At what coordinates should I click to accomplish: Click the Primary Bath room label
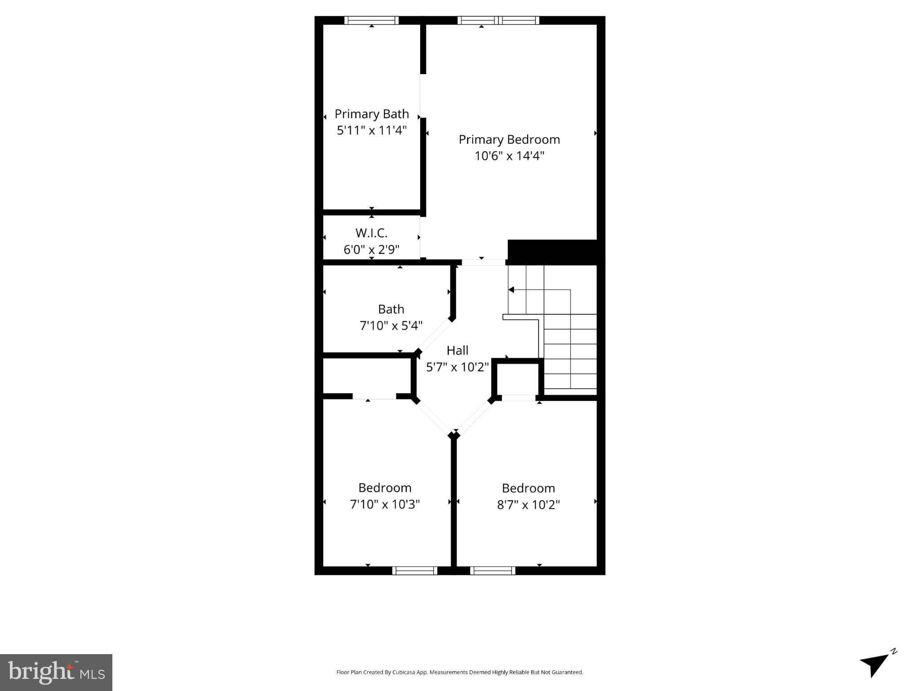[x=372, y=114]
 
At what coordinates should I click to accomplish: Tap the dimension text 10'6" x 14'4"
[x=509, y=156]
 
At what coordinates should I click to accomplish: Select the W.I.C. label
[x=371, y=233]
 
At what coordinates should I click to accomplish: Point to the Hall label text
[x=458, y=350]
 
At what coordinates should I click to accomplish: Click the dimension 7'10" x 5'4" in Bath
[x=391, y=325]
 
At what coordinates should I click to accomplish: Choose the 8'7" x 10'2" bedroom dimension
[x=528, y=505]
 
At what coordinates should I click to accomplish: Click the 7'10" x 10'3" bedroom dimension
[x=385, y=504]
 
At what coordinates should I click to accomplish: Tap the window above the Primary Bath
[x=371, y=20]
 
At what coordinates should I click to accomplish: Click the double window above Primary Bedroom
[x=498, y=20]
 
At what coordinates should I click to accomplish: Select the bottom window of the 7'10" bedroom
[x=414, y=570]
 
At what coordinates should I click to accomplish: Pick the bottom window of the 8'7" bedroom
[x=493, y=570]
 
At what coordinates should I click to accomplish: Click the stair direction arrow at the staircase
[x=511, y=290]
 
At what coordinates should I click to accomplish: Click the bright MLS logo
[x=56, y=672]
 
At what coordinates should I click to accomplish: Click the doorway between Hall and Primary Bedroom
[x=483, y=262]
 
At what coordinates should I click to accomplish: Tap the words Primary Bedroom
[x=509, y=139]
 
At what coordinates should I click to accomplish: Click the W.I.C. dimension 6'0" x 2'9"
[x=371, y=249]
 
